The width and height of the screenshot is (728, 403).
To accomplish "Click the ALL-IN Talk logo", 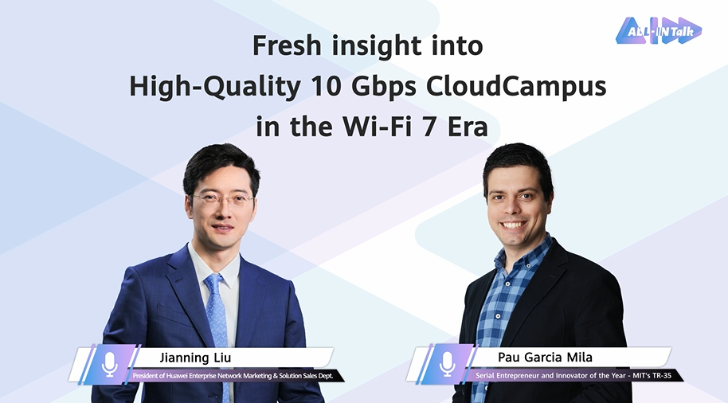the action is coord(659,30).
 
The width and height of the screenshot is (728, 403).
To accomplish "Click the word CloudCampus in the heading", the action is coord(516,86).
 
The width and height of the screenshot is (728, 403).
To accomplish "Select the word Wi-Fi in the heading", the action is coord(377,127).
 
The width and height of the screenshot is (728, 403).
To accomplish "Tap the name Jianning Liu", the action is coord(195,358).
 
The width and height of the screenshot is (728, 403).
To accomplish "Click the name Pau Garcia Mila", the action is coord(545,357).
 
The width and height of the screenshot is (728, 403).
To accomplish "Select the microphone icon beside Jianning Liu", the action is coord(110,364).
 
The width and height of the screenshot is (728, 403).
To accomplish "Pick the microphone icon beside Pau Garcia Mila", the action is coord(448,364).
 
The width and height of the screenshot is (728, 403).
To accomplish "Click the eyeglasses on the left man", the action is coord(223,201).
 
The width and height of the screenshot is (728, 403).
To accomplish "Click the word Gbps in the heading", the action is coord(383,88).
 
